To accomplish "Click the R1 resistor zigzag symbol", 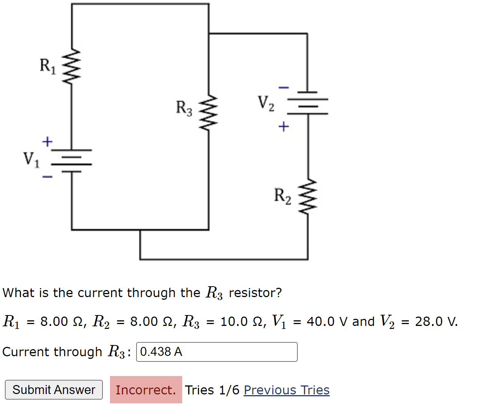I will [71, 67].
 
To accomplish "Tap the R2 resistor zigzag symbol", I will [308, 196].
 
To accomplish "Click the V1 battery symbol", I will [71, 161].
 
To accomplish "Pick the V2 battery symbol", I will [308, 103].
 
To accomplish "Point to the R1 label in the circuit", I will [48, 66].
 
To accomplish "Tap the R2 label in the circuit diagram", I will [282, 196].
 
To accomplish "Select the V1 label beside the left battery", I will [31, 159].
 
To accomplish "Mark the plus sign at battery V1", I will [47, 142].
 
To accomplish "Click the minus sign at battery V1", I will [47, 177].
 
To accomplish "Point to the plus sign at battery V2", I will [284, 127].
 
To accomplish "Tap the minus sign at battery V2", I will [284, 88].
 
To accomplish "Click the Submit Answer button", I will [54, 390].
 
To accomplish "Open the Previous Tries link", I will [287, 390].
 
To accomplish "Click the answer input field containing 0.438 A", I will [217, 352].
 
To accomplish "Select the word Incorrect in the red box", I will [146, 390].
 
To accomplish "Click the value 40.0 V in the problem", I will [322, 321].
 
